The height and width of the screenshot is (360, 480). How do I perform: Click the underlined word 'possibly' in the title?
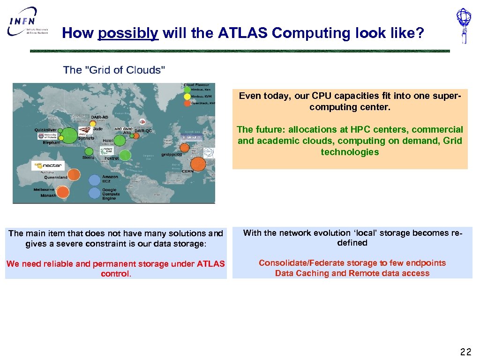click(x=128, y=33)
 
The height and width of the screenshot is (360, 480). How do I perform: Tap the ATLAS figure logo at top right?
click(x=464, y=26)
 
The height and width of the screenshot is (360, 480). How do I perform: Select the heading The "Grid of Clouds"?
click(x=114, y=70)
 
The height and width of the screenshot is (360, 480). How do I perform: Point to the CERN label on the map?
click(x=187, y=172)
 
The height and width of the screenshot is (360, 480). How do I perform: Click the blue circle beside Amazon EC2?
click(x=94, y=180)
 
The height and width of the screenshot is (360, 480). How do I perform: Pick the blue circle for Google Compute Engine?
click(x=94, y=193)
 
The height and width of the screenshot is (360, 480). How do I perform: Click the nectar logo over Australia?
click(x=47, y=165)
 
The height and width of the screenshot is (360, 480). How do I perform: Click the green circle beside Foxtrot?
click(x=125, y=155)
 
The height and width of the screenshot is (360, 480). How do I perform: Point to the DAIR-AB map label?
click(x=99, y=117)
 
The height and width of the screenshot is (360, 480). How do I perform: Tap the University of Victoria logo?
click(x=47, y=136)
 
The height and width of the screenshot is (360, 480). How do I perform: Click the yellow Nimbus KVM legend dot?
click(x=187, y=96)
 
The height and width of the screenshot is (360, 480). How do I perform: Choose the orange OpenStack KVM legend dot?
click(x=187, y=103)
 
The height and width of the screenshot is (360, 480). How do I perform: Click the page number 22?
click(x=465, y=352)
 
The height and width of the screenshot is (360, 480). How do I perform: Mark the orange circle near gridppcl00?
click(x=184, y=148)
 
